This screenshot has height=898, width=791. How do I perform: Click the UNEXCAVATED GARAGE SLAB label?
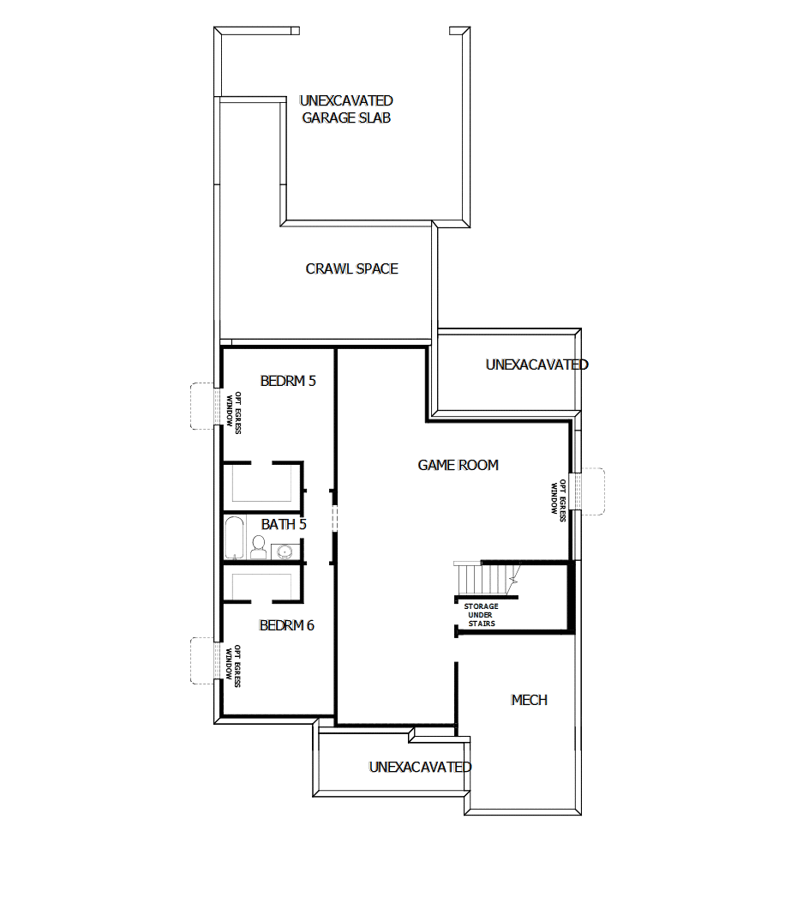[346, 110]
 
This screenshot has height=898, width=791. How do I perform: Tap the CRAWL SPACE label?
[351, 268]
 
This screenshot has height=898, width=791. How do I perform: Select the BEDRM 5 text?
[288, 381]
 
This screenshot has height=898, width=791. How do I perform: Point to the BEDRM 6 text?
[286, 625]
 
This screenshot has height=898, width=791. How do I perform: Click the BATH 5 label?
[284, 524]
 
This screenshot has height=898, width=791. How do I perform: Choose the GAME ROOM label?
[458, 465]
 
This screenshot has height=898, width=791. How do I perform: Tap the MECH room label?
[529, 700]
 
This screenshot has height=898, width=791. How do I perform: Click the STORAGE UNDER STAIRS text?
[481, 615]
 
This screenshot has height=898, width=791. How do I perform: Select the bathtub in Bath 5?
[235, 538]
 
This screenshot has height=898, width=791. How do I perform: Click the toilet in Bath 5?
[258, 547]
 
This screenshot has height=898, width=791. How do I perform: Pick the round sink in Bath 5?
[288, 550]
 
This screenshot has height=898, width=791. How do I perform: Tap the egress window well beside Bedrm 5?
[202, 406]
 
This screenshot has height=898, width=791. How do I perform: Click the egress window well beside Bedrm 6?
[202, 660]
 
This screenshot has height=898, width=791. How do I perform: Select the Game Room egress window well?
[591, 490]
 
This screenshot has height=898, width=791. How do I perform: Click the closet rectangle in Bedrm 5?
[261, 486]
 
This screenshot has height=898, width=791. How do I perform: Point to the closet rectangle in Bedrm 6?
[261, 584]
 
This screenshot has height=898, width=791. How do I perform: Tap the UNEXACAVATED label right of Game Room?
[536, 365]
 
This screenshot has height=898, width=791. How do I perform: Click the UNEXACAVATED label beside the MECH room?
[420, 767]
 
